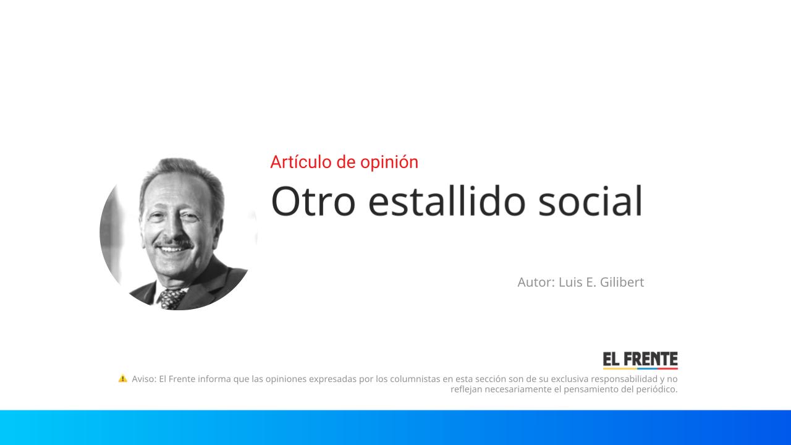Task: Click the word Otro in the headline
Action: [x=313, y=201]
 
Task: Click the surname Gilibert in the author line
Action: [x=622, y=282]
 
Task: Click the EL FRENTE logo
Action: [x=640, y=360]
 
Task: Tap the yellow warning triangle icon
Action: [x=122, y=378]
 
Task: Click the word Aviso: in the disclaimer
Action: [x=144, y=379]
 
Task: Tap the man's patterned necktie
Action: [x=172, y=299]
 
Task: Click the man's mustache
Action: [x=174, y=244]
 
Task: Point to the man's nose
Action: [x=172, y=229]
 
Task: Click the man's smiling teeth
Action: [x=172, y=250]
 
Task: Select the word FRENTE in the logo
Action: [x=651, y=359]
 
